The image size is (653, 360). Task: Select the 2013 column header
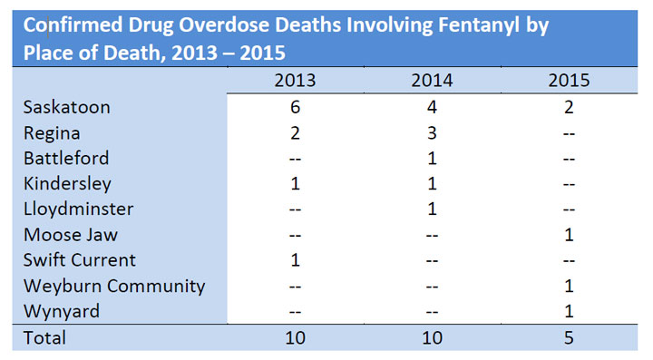(295, 81)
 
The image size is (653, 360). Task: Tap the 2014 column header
(432, 81)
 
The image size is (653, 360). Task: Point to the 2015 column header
(569, 81)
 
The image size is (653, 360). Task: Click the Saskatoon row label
(66, 107)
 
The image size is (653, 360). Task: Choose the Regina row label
(52, 133)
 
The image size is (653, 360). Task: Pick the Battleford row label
(66, 158)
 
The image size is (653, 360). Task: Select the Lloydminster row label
(78, 209)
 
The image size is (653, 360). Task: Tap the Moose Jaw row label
(71, 235)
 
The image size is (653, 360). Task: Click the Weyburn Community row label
(114, 287)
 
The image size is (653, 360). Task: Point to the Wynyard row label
(62, 312)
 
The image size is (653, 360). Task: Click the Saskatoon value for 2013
(295, 107)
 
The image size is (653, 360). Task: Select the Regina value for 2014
(432, 133)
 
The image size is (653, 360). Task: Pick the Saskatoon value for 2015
(569, 107)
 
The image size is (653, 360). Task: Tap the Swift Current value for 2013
(295, 260)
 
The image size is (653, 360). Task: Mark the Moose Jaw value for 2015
(569, 235)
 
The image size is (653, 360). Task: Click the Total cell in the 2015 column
(569, 337)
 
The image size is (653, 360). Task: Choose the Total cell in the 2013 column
(295, 337)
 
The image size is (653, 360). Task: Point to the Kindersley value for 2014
(432, 183)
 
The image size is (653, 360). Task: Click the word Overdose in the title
(224, 25)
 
